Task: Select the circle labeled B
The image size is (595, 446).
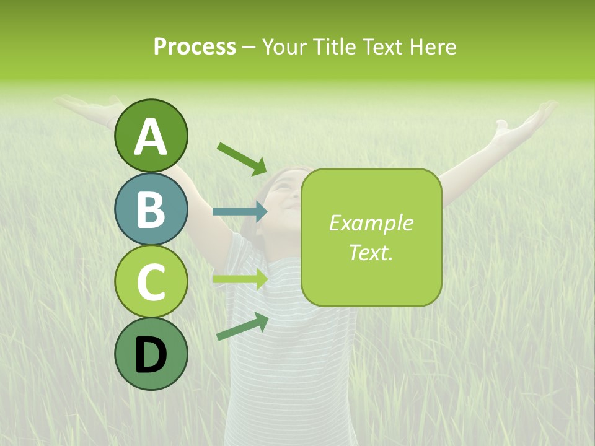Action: click(x=151, y=209)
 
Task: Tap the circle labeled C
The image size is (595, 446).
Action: click(x=151, y=281)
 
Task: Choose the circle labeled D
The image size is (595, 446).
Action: click(x=151, y=354)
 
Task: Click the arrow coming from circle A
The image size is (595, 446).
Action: click(x=242, y=158)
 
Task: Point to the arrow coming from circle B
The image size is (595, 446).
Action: click(x=240, y=211)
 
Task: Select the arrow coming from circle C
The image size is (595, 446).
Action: click(x=240, y=279)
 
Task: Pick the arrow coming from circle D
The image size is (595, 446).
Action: click(x=242, y=326)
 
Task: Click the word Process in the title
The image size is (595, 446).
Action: click(x=195, y=46)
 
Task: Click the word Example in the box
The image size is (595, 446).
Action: click(x=371, y=223)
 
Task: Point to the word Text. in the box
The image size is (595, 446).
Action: click(x=371, y=252)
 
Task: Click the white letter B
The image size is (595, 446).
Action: click(x=151, y=209)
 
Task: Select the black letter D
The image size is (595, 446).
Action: click(x=151, y=354)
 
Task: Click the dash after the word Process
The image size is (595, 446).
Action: click(x=249, y=47)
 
